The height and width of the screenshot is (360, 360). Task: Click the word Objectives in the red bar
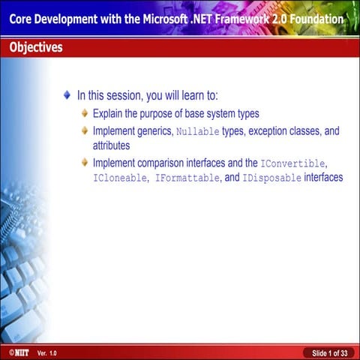pos(36,48)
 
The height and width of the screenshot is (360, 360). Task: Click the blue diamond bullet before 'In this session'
pos(67,96)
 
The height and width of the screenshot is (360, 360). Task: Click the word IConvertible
pos(293,163)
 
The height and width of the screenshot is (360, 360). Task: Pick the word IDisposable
pos(271,178)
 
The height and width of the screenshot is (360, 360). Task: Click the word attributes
pos(112,145)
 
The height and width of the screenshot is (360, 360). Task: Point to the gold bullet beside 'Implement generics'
pos(85,131)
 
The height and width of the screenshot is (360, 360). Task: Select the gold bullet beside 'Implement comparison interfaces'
pos(85,163)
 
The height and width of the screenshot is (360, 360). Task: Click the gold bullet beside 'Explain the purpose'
pos(85,114)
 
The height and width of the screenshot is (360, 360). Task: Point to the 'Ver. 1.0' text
pos(46,352)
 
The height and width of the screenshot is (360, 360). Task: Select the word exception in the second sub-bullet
pos(268,131)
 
